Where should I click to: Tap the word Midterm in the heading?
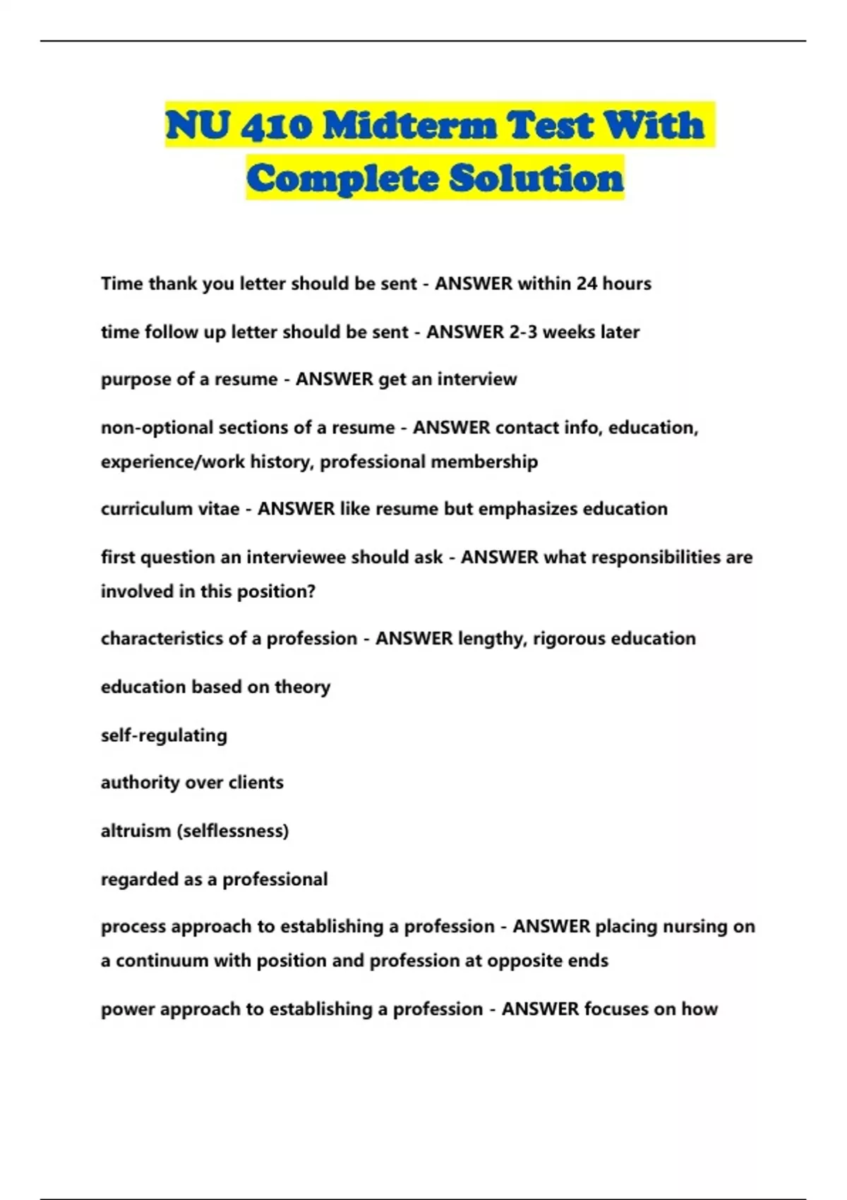(x=409, y=126)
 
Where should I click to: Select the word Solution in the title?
(x=536, y=178)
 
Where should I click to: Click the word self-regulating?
(x=164, y=736)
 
